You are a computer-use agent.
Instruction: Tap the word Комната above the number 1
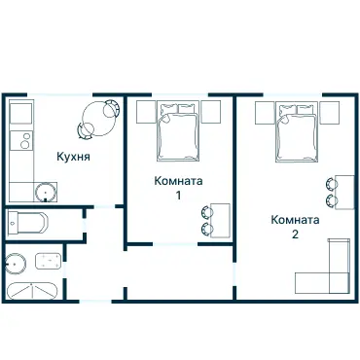pos(179,180)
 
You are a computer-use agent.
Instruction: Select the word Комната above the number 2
pos(295,219)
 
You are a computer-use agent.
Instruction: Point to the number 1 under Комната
pos(178,196)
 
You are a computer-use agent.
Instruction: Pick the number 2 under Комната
pos(294,234)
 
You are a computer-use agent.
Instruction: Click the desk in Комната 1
pos(221,220)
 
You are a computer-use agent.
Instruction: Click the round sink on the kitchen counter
pos(43,191)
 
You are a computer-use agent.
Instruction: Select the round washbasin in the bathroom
pos(16,261)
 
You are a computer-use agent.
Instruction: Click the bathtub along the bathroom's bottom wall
pos(30,290)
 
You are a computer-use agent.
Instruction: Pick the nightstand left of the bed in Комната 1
pos(144,111)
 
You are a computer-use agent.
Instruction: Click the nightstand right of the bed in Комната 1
pos(211,111)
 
